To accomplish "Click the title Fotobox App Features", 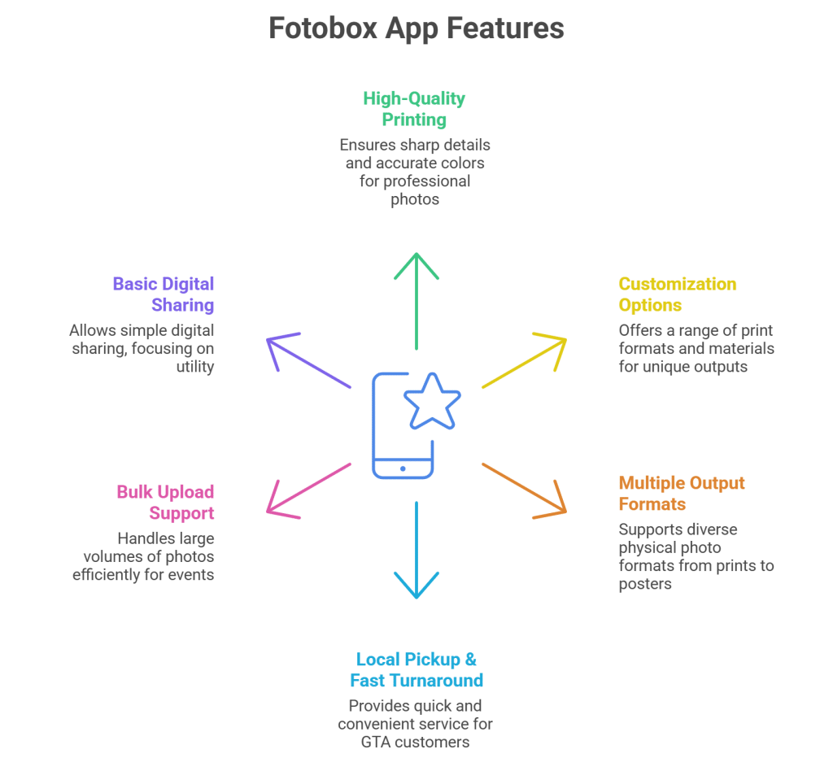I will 416,28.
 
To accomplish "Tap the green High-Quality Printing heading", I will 414,109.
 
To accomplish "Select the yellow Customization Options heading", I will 677,294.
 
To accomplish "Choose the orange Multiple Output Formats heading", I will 681,493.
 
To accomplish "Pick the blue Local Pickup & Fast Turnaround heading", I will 416,669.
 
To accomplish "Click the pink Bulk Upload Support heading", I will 165,503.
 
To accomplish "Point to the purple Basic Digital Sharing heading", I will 164,294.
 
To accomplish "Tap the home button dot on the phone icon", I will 403,468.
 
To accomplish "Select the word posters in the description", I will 645,583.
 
